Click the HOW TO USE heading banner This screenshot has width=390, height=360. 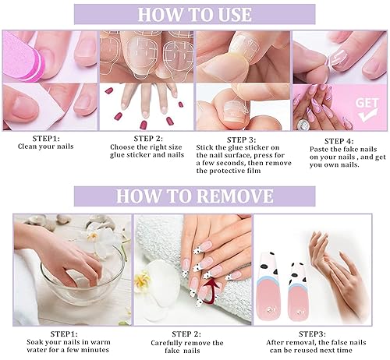[195, 14]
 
